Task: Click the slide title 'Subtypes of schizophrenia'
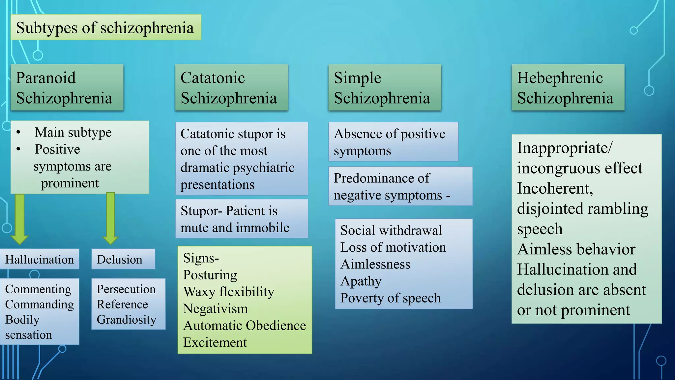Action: tap(105, 28)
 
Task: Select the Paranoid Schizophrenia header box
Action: tap(67, 88)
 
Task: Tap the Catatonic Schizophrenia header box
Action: tap(231, 88)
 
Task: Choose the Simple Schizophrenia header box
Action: tap(385, 88)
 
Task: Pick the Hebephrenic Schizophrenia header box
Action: tap(568, 88)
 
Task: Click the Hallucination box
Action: tap(40, 259)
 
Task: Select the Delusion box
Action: tap(123, 259)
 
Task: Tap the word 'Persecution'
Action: tap(126, 289)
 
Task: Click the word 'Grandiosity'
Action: tap(126, 320)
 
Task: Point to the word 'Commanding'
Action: tap(40, 304)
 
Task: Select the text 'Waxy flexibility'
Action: tap(229, 292)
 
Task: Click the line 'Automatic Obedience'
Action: tap(245, 326)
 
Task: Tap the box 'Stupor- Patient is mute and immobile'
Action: tap(242, 219)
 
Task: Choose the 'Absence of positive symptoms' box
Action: tap(393, 142)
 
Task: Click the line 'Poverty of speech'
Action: tap(390, 298)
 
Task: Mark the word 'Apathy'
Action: tap(361, 281)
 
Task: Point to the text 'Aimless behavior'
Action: tap(576, 249)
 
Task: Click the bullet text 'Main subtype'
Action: tap(73, 133)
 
